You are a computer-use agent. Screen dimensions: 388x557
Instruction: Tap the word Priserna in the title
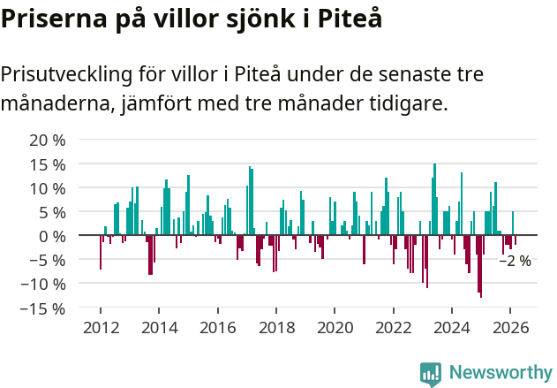[55, 19]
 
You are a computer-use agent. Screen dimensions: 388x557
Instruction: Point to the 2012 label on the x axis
[101, 327]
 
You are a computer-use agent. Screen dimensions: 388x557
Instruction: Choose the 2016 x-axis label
[217, 327]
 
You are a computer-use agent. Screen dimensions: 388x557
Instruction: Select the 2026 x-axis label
[510, 327]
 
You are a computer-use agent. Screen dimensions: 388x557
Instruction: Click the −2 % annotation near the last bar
[516, 261]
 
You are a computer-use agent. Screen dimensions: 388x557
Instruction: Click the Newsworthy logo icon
[431, 374]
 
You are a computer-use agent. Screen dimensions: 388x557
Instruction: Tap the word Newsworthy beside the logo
[500, 373]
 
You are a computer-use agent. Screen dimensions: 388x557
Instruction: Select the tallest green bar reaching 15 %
[434, 200]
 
